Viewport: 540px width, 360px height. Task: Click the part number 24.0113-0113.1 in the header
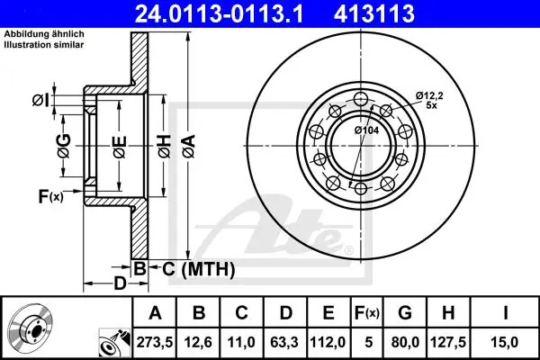(219, 13)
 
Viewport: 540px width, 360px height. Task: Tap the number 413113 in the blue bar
(374, 13)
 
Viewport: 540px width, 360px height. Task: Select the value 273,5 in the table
(154, 342)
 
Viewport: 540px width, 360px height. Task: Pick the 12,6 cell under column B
(198, 342)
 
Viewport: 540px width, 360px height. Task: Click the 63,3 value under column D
(284, 342)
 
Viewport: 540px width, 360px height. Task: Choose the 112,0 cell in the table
(328, 342)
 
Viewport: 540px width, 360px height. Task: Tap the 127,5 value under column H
(448, 342)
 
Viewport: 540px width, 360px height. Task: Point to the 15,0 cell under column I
(505, 342)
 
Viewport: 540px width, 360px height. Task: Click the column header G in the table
(405, 313)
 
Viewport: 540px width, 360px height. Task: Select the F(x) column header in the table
(367, 313)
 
